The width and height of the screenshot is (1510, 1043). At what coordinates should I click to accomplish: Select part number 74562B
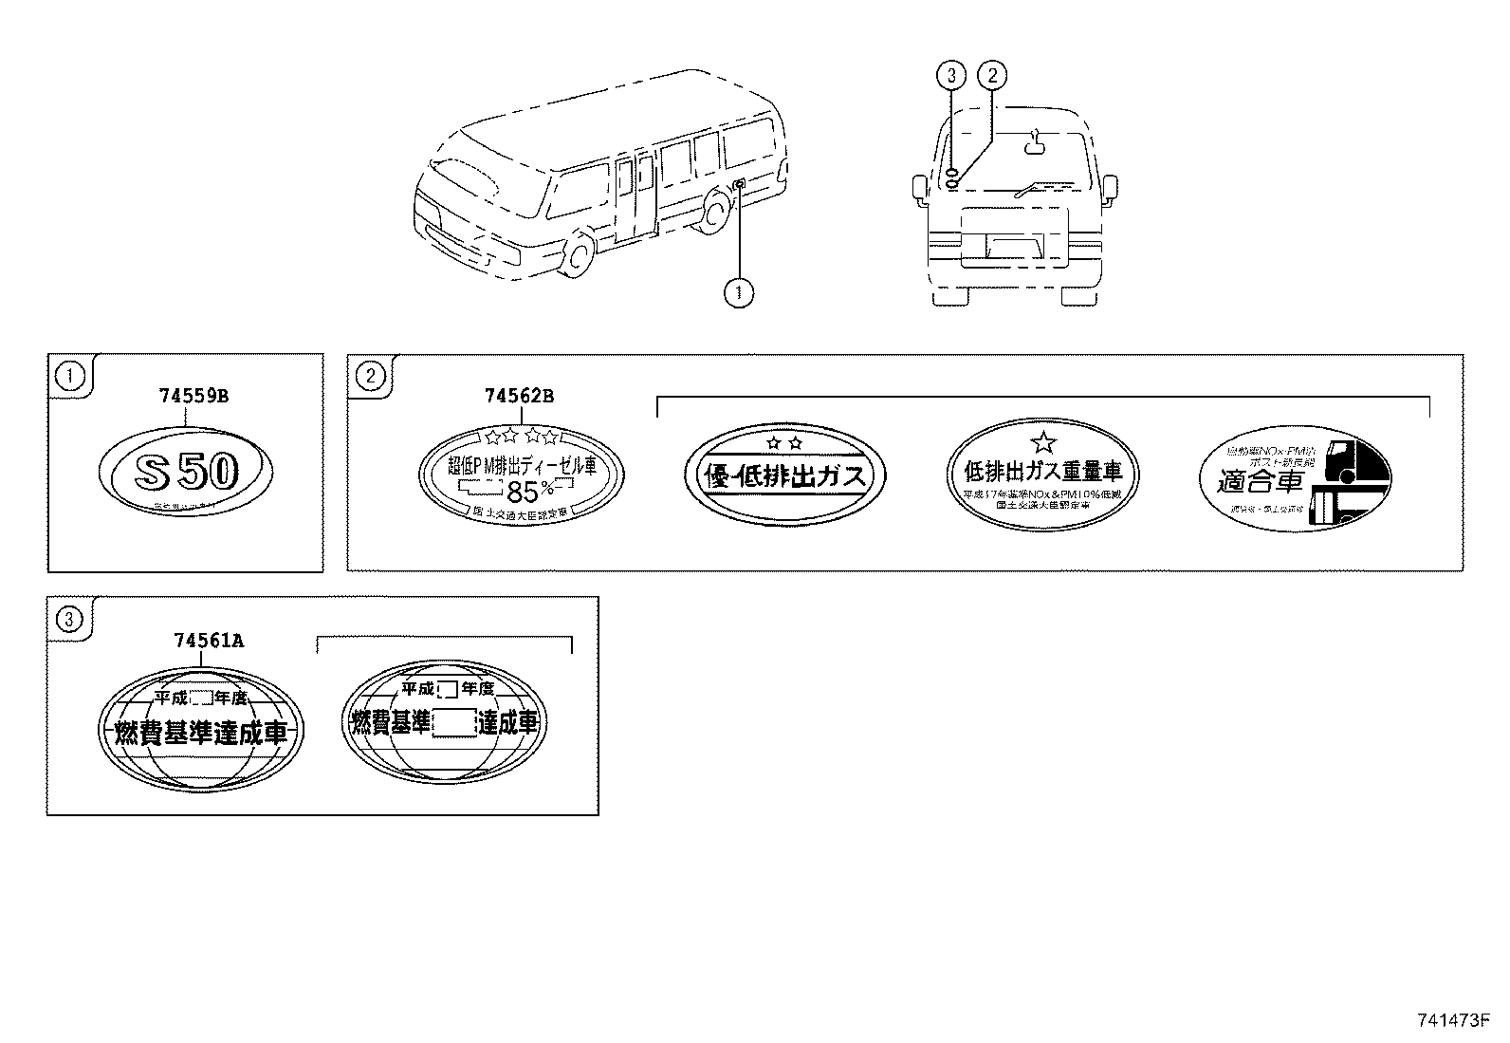519,396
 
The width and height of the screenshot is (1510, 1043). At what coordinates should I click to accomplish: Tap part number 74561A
209,641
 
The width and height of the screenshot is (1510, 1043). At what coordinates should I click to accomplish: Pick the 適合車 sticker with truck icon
1295,478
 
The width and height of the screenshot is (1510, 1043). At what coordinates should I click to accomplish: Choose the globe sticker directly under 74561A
200,726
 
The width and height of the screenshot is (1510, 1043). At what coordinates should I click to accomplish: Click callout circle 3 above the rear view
952,75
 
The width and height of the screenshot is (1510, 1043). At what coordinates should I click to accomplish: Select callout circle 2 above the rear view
991,75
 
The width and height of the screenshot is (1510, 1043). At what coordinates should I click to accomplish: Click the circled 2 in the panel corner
370,376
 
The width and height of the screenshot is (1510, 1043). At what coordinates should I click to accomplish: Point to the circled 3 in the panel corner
70,620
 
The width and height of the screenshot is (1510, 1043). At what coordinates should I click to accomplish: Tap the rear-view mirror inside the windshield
1035,144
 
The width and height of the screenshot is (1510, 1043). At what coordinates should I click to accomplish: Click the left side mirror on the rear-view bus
920,188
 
